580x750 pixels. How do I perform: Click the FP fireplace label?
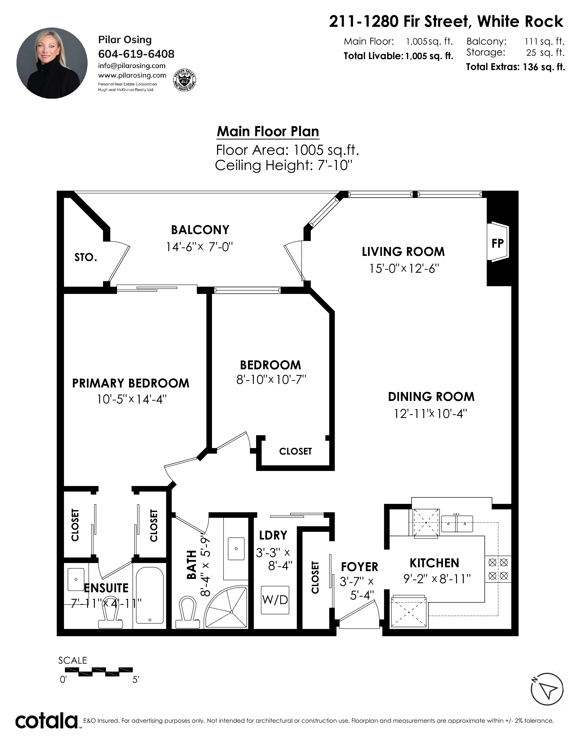497,243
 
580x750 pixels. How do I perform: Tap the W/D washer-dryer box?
275,600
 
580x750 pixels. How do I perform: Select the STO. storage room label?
86,257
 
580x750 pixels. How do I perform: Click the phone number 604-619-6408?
136,54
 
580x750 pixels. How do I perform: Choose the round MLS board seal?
184,81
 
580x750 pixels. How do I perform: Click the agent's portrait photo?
52,63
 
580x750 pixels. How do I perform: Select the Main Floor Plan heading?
268,132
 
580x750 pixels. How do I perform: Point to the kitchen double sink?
457,524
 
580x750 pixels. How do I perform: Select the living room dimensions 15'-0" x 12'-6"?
404,268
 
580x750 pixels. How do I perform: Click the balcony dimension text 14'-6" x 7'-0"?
199,247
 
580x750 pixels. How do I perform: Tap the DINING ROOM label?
431,397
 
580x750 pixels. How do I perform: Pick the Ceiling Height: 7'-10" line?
284,165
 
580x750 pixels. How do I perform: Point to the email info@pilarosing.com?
132,66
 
